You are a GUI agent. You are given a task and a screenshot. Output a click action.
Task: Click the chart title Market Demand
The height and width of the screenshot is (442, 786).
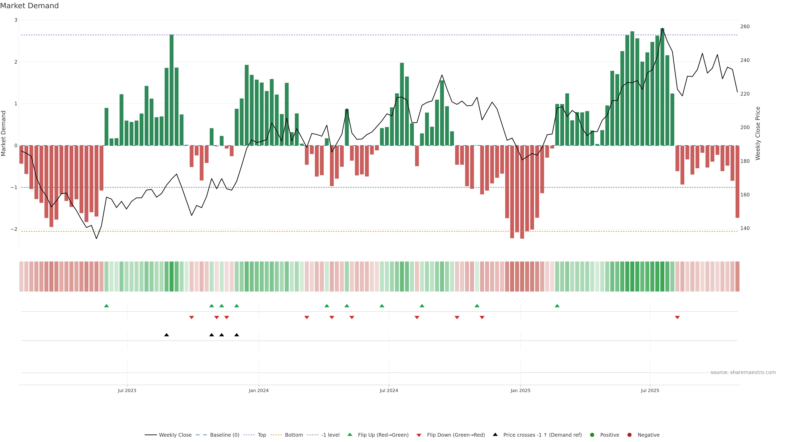tap(29, 6)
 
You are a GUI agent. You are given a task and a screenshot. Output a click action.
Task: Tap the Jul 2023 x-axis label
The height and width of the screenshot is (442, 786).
tap(127, 390)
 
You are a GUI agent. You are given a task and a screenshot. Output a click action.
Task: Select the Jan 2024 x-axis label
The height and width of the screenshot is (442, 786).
tap(259, 390)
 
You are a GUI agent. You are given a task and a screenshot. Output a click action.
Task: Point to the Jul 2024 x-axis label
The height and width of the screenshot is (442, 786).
tap(389, 390)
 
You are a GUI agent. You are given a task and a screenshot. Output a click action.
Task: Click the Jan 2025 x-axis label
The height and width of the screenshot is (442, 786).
tap(520, 390)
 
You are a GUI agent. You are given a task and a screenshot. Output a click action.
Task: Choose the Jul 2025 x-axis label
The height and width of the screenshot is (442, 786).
tap(650, 390)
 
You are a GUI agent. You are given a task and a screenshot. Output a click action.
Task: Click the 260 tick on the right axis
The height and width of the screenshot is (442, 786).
tap(745, 27)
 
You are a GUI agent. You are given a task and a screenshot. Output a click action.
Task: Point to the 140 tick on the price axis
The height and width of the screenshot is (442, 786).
tap(745, 228)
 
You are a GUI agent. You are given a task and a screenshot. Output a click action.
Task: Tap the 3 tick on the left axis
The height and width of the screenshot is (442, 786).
tap(16, 20)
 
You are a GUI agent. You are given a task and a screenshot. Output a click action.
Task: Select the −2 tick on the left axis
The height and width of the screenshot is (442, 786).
tap(14, 229)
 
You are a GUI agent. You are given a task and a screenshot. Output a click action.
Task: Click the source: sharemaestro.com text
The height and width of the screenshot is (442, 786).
tap(743, 372)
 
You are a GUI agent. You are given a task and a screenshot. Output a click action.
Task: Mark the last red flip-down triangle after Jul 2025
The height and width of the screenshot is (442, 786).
tap(677, 318)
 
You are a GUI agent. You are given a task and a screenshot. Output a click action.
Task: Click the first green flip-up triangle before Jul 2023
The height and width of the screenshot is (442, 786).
tap(106, 306)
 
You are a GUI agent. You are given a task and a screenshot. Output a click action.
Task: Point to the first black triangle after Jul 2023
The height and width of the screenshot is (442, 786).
tap(167, 335)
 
